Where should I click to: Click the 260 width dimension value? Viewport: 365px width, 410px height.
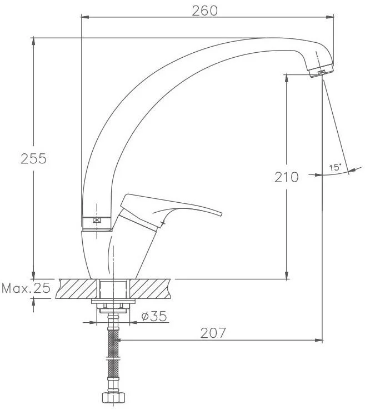coord(204,11)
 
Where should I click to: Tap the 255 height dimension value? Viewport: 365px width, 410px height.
coord(33,158)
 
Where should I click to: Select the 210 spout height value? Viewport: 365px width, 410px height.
coord(286,177)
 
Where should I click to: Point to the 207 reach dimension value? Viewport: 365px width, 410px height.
coord(213,333)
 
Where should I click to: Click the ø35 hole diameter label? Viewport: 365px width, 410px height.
coord(154,316)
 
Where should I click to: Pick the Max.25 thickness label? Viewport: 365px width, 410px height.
coord(26,288)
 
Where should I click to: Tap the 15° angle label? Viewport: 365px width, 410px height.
coord(335,167)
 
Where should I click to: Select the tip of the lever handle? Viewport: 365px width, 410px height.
coord(221,214)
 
